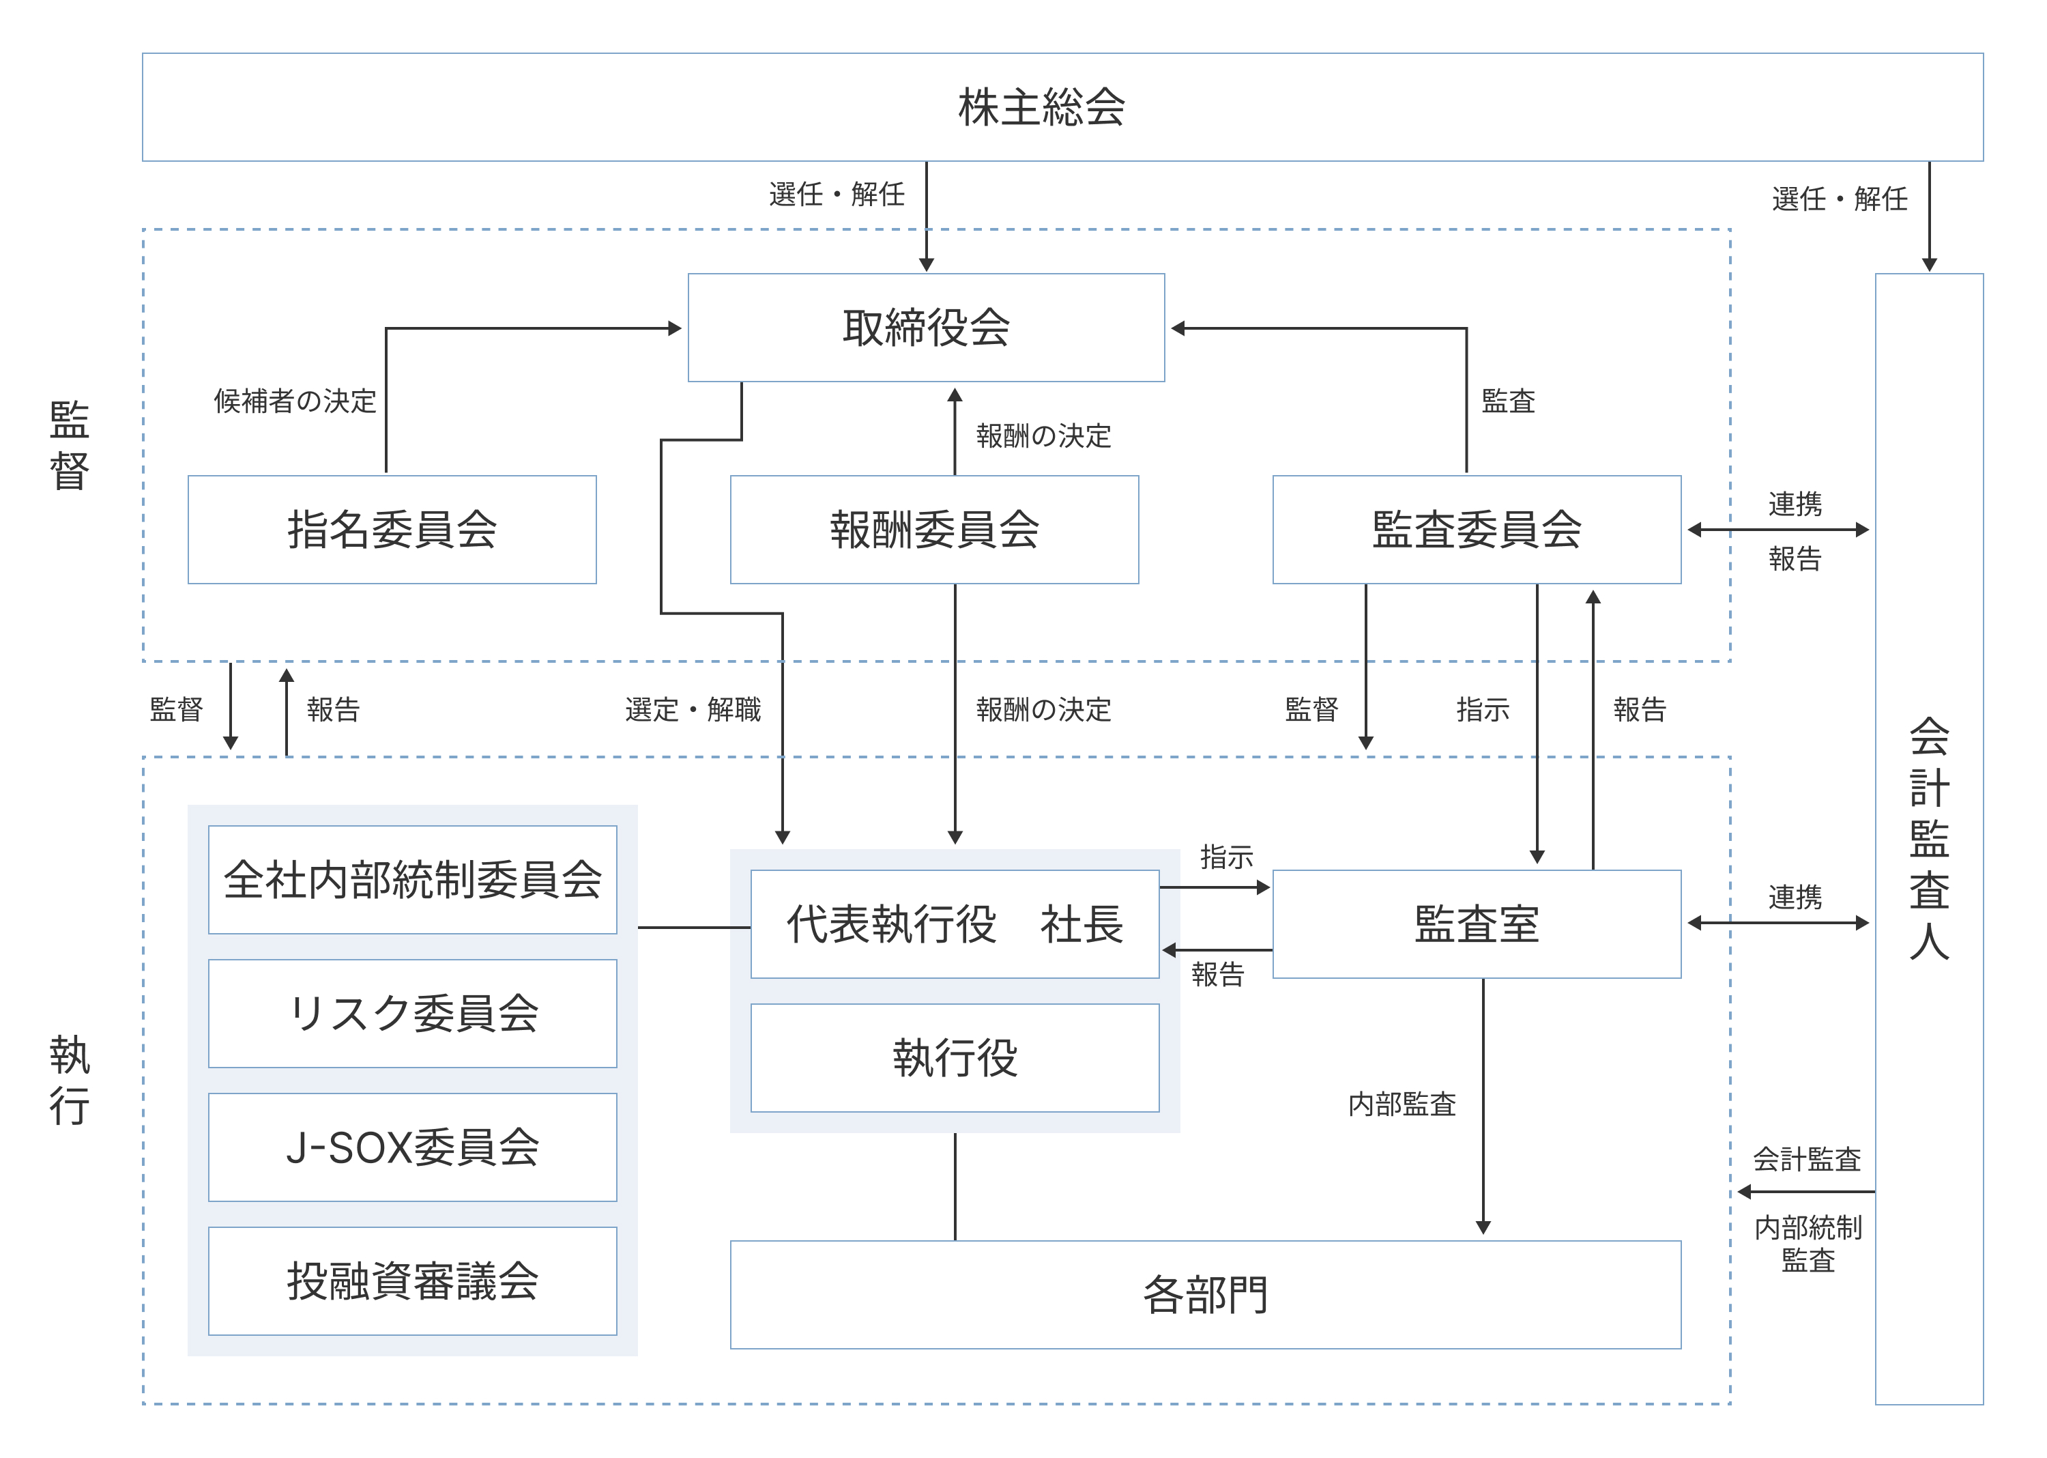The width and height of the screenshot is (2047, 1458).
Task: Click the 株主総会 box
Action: click(1041, 107)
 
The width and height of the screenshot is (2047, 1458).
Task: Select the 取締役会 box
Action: click(925, 328)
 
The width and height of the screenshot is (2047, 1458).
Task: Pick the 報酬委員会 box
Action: click(933, 530)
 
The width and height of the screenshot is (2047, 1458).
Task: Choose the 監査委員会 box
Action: click(1477, 530)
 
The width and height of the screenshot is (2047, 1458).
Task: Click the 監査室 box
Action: click(1477, 924)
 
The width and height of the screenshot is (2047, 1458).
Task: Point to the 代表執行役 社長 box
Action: click(954, 924)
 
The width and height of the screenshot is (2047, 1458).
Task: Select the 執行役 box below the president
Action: click(954, 1057)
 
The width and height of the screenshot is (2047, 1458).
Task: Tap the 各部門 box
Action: click(1204, 1295)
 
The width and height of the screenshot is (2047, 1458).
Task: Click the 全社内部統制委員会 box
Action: click(412, 880)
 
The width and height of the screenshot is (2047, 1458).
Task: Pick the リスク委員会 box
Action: click(412, 1014)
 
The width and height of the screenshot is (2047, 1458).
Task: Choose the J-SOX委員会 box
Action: click(412, 1147)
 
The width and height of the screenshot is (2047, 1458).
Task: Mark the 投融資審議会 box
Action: click(412, 1281)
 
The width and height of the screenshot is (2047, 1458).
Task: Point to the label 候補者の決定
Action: click(294, 401)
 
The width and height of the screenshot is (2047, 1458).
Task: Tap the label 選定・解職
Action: click(692, 710)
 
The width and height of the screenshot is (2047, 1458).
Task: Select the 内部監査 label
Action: click(1402, 1104)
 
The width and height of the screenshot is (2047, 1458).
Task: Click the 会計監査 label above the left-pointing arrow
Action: click(1807, 1159)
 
